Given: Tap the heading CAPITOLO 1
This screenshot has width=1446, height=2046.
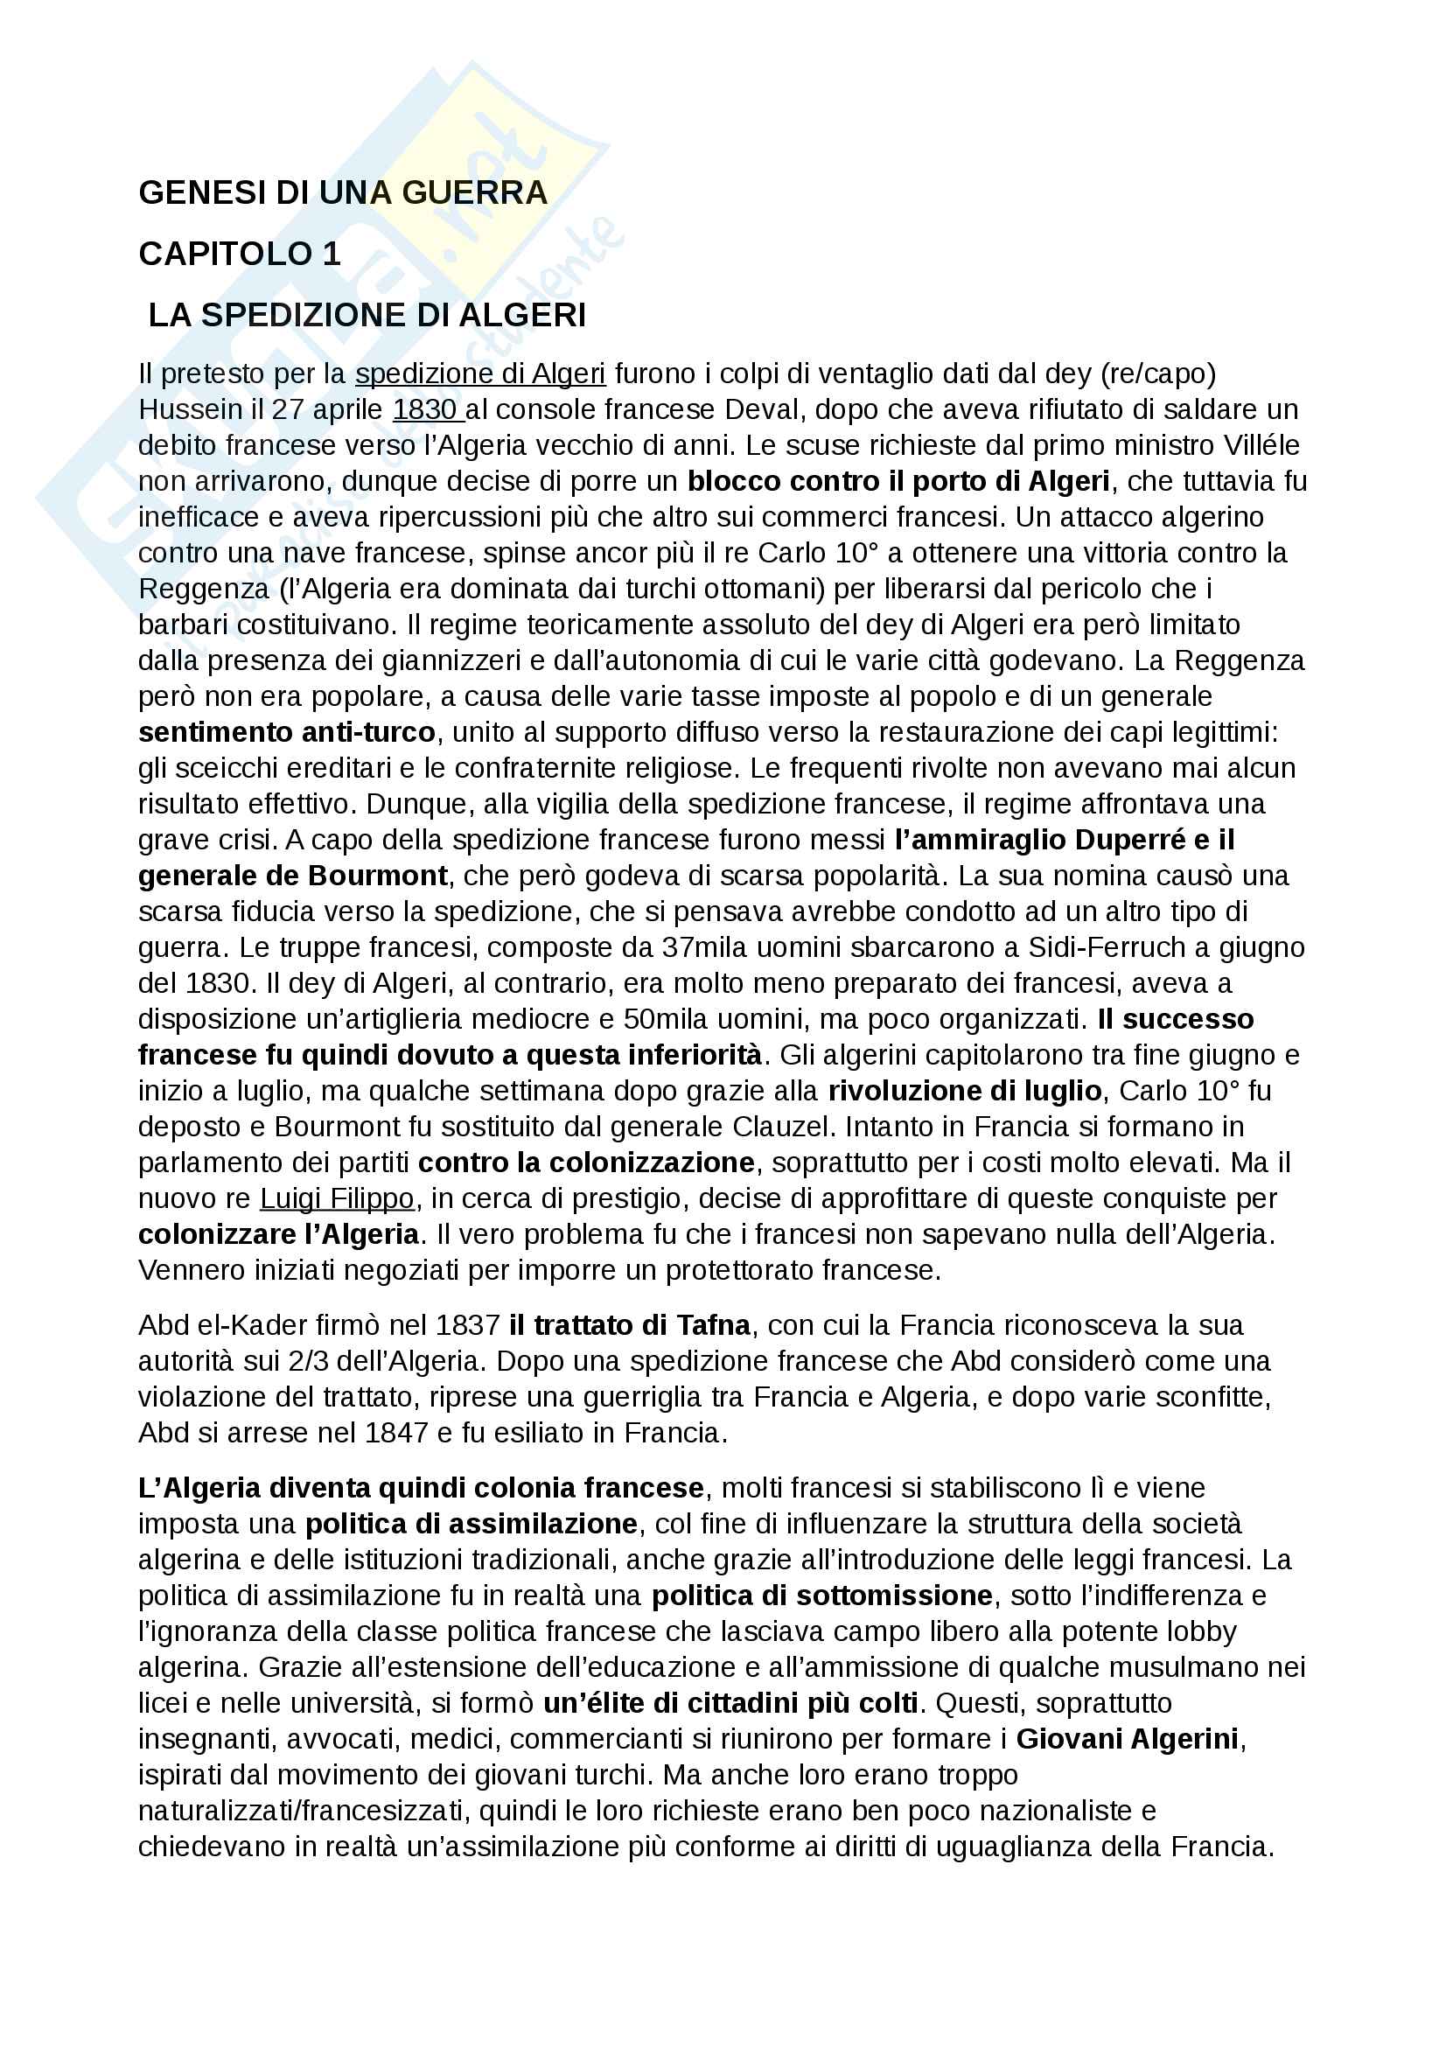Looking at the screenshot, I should (x=240, y=254).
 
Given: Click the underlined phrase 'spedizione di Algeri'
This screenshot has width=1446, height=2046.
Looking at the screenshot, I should (x=480, y=374).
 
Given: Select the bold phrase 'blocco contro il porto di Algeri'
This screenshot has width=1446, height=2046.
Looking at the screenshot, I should (x=898, y=481).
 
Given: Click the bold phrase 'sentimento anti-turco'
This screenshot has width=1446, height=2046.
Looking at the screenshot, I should (x=287, y=731).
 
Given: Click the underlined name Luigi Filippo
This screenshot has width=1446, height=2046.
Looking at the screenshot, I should (x=337, y=1198).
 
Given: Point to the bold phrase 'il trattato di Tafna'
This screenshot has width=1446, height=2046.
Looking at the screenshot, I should (x=630, y=1325).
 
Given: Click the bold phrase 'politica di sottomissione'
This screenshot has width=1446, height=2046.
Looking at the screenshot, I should (x=821, y=1596).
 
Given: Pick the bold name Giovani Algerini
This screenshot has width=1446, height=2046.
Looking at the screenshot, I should (x=1127, y=1739).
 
